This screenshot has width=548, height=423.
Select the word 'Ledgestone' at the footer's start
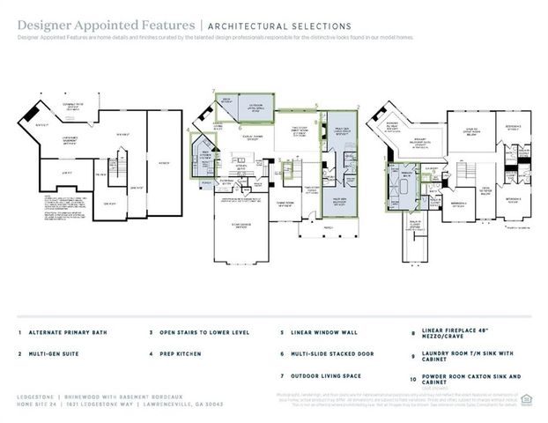click(33, 397)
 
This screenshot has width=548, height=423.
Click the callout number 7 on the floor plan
click(214, 91)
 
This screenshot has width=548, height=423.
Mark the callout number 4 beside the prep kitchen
click(189, 130)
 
